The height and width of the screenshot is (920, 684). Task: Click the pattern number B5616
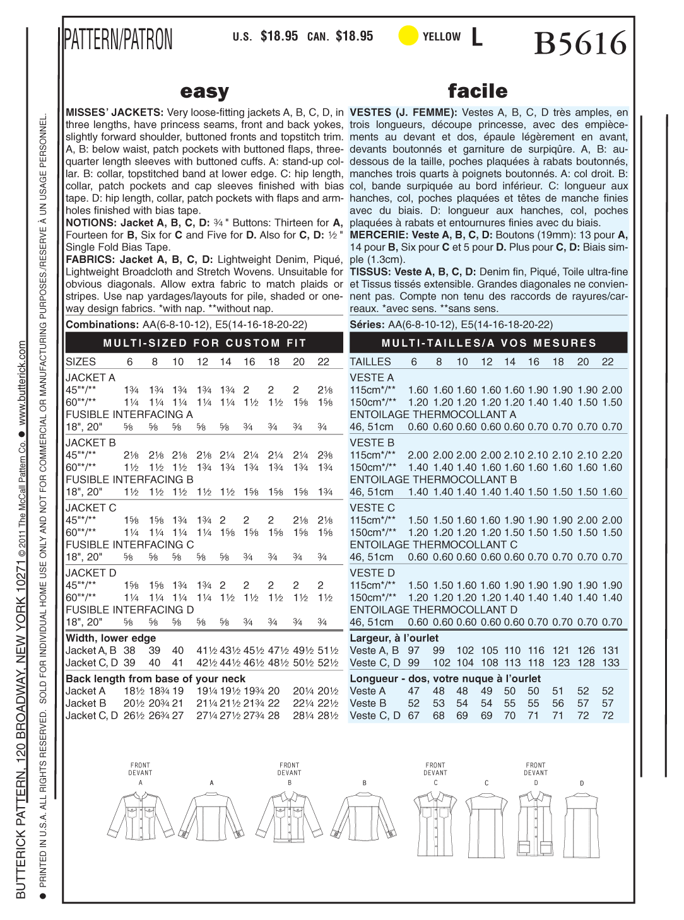(581, 44)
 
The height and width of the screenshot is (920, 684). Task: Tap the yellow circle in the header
(408, 36)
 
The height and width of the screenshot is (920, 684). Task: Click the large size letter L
(477, 37)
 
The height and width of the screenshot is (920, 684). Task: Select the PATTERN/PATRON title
(119, 39)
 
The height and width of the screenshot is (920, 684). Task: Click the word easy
(204, 92)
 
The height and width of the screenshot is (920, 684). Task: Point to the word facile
(478, 91)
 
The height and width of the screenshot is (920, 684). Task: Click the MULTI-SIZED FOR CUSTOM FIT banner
(204, 343)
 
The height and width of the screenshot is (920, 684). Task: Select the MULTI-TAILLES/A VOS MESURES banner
(488, 343)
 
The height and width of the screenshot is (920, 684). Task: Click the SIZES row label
(81, 362)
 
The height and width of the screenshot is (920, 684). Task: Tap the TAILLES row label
(370, 362)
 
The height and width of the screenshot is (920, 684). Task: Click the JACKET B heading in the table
(91, 443)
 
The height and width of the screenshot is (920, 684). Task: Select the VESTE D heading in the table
(372, 573)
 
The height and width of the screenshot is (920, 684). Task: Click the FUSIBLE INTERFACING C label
(130, 545)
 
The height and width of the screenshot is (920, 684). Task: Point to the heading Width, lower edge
(111, 638)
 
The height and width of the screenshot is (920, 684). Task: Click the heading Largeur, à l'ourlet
(394, 638)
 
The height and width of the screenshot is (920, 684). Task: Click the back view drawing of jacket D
(582, 820)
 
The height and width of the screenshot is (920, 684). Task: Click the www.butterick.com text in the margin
(23, 383)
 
